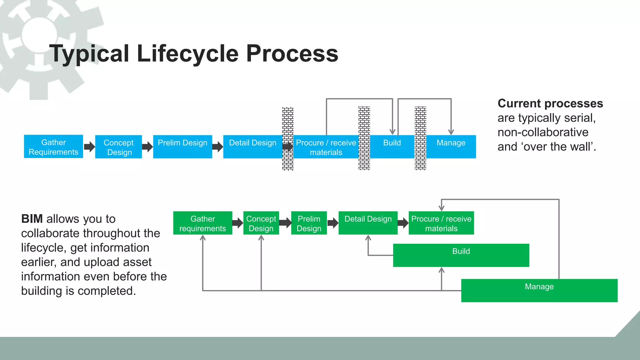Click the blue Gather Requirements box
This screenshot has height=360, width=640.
53,147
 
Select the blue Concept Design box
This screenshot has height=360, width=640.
118,147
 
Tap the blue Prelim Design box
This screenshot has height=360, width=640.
182,147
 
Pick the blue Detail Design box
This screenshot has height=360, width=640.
252,147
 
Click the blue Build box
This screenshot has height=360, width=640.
392,147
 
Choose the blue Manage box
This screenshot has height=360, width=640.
451,147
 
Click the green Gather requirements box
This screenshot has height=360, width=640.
202,223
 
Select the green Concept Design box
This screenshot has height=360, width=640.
261,223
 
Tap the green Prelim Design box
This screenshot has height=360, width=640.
309,223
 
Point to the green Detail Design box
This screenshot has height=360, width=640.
368,223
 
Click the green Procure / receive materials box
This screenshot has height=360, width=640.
441,223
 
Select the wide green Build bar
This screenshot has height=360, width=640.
461,255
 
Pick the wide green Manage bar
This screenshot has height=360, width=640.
539,291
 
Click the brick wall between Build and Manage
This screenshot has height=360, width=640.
420,138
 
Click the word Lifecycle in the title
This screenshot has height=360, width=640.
187,53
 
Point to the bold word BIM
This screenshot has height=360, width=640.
32,219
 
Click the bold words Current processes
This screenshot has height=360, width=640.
550,103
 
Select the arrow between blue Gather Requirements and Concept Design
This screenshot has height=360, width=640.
89,147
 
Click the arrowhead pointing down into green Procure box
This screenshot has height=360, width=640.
441,207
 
